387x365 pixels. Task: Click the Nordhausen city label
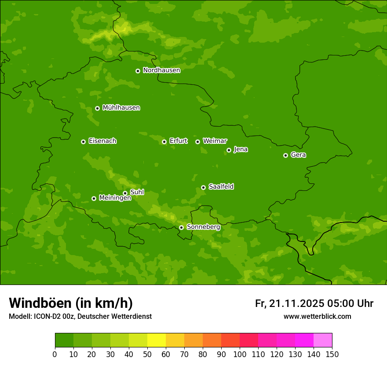[x=161, y=70]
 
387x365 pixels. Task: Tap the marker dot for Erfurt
[x=164, y=142]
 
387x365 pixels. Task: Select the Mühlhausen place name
[x=121, y=108]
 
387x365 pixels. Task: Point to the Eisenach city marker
[x=83, y=142]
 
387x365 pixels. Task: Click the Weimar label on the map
[x=215, y=141]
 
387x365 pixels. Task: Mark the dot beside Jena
[x=229, y=150]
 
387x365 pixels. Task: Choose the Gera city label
[x=298, y=155]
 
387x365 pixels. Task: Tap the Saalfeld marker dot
[x=203, y=187]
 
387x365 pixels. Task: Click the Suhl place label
[x=137, y=192]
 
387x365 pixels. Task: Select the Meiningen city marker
[x=94, y=198]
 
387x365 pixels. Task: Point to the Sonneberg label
[x=203, y=227]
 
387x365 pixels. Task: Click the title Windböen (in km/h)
[x=71, y=303]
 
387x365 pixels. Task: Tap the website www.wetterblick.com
[x=317, y=317]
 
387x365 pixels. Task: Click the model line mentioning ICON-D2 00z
[x=80, y=317]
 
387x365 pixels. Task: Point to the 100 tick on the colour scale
[x=240, y=354]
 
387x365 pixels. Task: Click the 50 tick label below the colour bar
[x=147, y=354]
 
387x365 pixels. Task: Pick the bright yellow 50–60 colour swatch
[x=157, y=340]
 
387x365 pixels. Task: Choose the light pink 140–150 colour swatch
[x=323, y=340]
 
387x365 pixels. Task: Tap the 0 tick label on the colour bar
[x=55, y=354]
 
